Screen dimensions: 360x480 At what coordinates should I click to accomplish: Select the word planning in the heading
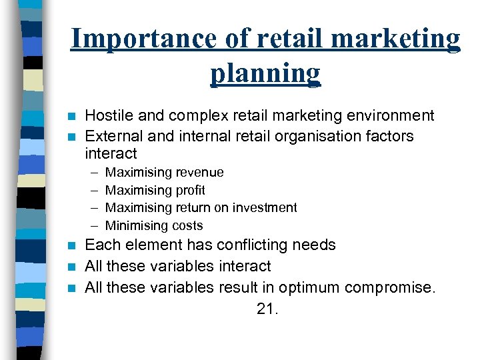tap(265, 73)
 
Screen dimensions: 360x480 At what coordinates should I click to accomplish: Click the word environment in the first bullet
tap(389, 116)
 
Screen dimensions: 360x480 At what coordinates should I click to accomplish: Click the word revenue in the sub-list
tap(199, 173)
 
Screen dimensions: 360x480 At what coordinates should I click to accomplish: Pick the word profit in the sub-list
tap(190, 191)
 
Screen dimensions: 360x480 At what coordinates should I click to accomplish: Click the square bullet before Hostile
tap(74, 116)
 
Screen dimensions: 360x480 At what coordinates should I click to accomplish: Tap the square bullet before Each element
tap(74, 245)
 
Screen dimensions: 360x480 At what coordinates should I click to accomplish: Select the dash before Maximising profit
tap(94, 191)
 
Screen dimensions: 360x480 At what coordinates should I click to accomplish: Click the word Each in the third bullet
tap(101, 245)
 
